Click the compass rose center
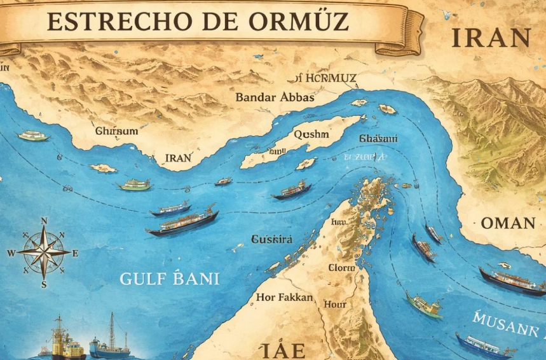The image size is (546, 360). tap(43, 252)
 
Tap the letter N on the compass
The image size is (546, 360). tap(44, 221)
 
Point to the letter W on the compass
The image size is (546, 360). tap(11, 253)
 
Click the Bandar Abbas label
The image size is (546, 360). tap(275, 97)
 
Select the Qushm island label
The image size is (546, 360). tap(311, 134)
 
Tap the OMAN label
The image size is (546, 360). tap(508, 223)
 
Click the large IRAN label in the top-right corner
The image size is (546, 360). tap(491, 38)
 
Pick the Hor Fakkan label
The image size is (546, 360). tap(284, 297)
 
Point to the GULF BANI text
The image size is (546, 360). tap(170, 279)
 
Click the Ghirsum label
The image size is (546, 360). tap(116, 131)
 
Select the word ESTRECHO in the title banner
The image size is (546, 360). tap(118, 21)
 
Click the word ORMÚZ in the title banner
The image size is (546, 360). tap(299, 21)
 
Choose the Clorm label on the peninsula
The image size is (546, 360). tap(341, 268)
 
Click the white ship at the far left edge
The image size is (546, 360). tap(33, 135)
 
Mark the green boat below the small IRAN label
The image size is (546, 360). tap(134, 185)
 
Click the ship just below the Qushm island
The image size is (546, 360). tap(292, 190)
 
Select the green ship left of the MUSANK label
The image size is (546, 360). tap(424, 305)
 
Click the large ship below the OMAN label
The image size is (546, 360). tap(512, 280)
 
